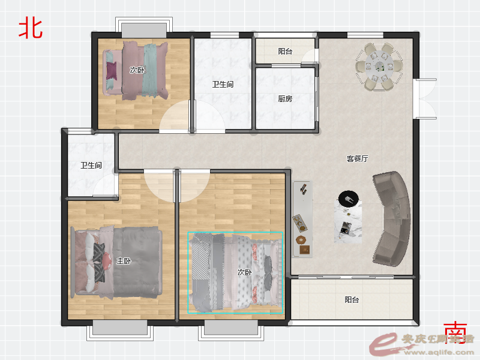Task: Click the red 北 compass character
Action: click(x=31, y=28)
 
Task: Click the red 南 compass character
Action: click(x=455, y=332)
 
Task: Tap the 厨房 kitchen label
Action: click(x=285, y=99)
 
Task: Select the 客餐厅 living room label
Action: click(x=357, y=159)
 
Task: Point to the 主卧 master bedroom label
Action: click(x=124, y=261)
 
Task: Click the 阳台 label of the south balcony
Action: click(x=352, y=299)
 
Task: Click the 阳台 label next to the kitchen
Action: click(x=285, y=52)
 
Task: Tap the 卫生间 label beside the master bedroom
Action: click(x=91, y=165)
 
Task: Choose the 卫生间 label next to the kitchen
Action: click(x=223, y=85)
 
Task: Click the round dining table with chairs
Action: click(x=379, y=66)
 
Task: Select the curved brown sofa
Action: click(x=393, y=218)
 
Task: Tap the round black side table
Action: click(x=348, y=198)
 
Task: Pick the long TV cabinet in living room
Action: click(x=303, y=219)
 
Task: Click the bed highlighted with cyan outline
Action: click(x=235, y=273)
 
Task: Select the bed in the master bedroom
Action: click(x=117, y=262)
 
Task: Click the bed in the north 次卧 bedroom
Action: click(x=136, y=69)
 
